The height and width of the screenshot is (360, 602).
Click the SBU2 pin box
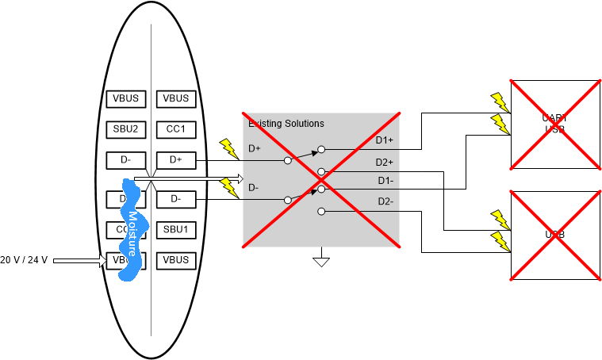click(x=126, y=129)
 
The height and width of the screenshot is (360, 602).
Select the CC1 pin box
click(x=176, y=129)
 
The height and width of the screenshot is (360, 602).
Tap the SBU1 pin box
click(x=176, y=230)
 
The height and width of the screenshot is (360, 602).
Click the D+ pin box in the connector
click(x=176, y=160)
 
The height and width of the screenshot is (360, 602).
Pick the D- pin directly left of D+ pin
click(x=126, y=160)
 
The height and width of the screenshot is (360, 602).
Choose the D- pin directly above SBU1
click(x=176, y=198)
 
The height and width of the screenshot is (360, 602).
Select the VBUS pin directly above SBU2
click(x=126, y=99)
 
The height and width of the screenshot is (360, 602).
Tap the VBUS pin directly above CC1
click(x=176, y=99)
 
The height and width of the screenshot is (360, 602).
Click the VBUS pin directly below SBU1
click(x=176, y=260)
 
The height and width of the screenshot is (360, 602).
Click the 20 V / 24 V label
click(x=24, y=260)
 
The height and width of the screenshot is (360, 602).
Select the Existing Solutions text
click(x=286, y=124)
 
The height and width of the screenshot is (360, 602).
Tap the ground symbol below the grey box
click(x=320, y=260)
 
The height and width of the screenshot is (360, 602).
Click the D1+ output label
click(x=385, y=141)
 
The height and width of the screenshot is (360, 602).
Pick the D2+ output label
click(x=385, y=163)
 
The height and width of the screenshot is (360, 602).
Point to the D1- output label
click(x=385, y=181)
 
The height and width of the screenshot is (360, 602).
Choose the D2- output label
click(x=385, y=201)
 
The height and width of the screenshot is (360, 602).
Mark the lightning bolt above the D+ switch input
click(x=228, y=147)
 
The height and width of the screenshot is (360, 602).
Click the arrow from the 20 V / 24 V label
click(x=79, y=260)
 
